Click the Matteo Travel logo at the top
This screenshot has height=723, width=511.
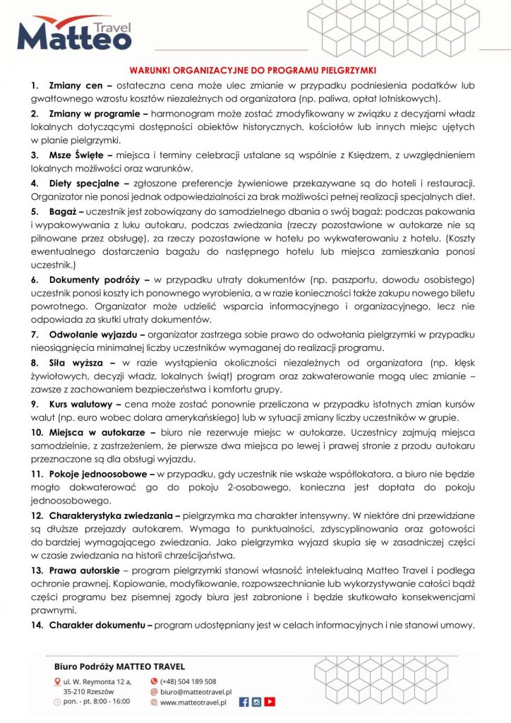pos(74,33)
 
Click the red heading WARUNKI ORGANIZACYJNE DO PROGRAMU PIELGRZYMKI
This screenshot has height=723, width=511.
pos(255,71)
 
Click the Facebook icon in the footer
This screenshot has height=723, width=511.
pos(244,702)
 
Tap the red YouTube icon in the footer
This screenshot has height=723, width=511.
pos(269,702)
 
